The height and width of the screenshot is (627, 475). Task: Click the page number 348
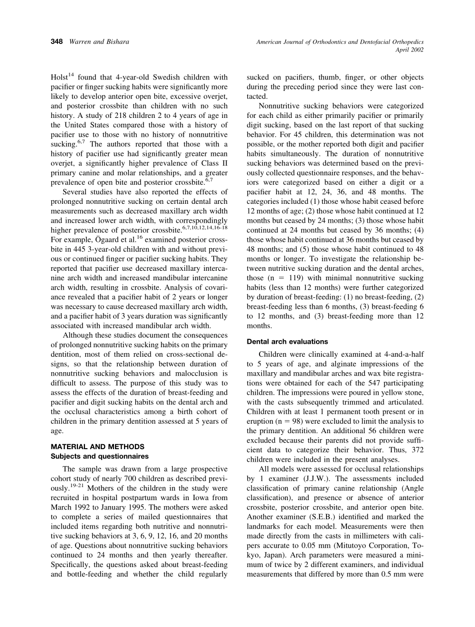(56, 42)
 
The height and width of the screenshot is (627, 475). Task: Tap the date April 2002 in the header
(409, 50)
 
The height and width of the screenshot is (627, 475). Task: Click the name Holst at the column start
(59, 78)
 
